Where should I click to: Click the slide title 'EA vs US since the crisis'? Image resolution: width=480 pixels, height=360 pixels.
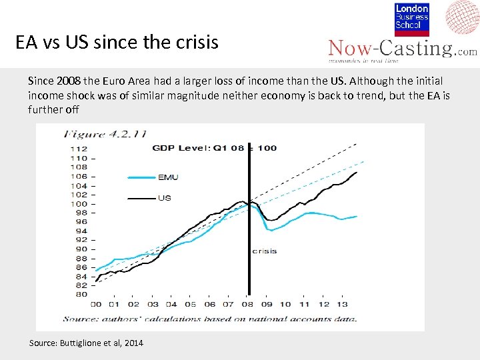pyautogui.click(x=117, y=43)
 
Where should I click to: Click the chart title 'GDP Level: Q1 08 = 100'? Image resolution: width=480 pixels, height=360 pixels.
pyautogui.click(x=214, y=147)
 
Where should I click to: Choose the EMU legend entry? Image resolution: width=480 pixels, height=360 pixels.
pyautogui.click(x=167, y=177)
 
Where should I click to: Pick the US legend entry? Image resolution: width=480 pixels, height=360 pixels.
pyautogui.click(x=165, y=197)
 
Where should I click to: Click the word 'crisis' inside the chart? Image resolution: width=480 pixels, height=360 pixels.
pyautogui.click(x=264, y=251)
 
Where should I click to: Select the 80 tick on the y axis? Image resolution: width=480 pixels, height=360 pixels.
pyautogui.click(x=80, y=294)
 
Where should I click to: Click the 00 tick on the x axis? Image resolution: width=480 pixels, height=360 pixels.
pyautogui.click(x=95, y=304)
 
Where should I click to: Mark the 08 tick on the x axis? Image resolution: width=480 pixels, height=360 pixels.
pyautogui.click(x=247, y=304)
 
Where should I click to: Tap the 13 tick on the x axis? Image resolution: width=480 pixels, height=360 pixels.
pyautogui.click(x=342, y=304)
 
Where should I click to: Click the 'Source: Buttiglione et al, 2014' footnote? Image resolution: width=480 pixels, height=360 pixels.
pyautogui.click(x=86, y=343)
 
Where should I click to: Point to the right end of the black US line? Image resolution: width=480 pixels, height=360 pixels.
pyautogui.click(x=357, y=172)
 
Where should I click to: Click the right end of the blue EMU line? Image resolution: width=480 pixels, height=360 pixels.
pyautogui.click(x=357, y=216)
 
